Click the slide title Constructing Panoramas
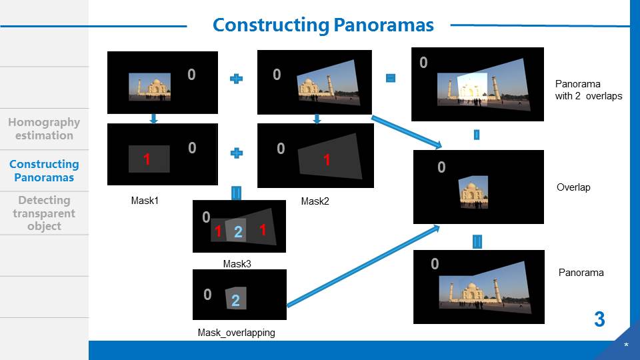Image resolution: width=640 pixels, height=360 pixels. (x=323, y=25)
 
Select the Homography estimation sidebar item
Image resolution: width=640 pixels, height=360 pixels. (x=44, y=129)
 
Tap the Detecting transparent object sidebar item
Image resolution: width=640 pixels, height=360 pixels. (x=44, y=213)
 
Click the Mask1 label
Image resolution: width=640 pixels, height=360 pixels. (x=145, y=200)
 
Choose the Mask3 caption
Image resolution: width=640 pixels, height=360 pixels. (x=237, y=264)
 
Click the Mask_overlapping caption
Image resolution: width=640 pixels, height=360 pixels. (x=236, y=332)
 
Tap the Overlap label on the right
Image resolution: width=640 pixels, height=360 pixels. (x=573, y=187)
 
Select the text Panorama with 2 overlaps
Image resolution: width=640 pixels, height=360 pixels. (x=588, y=90)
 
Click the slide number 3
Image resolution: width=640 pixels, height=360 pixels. (x=599, y=319)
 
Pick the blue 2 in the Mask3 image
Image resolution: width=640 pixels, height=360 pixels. (x=238, y=233)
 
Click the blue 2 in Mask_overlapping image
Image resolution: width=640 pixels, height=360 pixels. (x=235, y=301)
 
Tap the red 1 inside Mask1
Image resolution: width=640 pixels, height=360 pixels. (x=147, y=159)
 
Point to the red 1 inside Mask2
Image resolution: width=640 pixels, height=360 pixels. (x=327, y=160)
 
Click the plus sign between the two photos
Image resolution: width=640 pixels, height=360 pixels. (x=236, y=79)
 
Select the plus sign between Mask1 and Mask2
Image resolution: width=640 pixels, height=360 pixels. (x=236, y=153)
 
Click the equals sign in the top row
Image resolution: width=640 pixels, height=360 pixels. (x=391, y=78)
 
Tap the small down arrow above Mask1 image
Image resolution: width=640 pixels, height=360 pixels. (x=154, y=119)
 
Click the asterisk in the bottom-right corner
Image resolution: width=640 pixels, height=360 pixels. (x=626, y=345)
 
